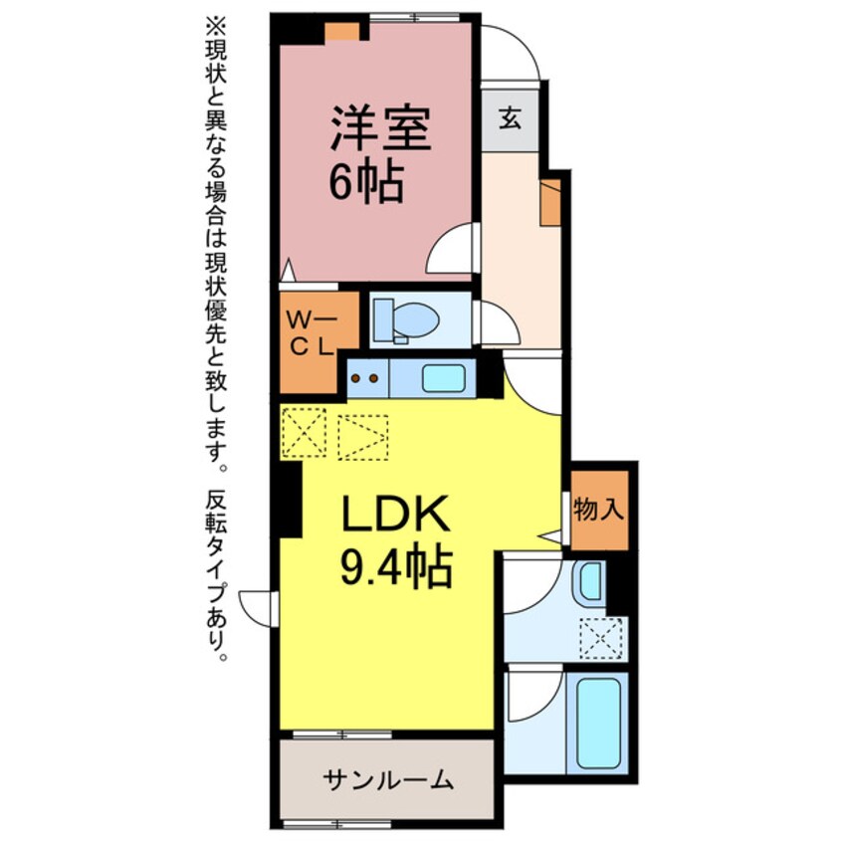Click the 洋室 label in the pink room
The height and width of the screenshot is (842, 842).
382,129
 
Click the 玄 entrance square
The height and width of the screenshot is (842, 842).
510,119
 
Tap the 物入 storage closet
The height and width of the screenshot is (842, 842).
599,512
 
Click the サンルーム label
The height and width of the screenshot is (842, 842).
387,779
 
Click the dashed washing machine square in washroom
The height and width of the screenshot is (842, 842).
603,637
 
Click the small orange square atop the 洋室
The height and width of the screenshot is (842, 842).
344,31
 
